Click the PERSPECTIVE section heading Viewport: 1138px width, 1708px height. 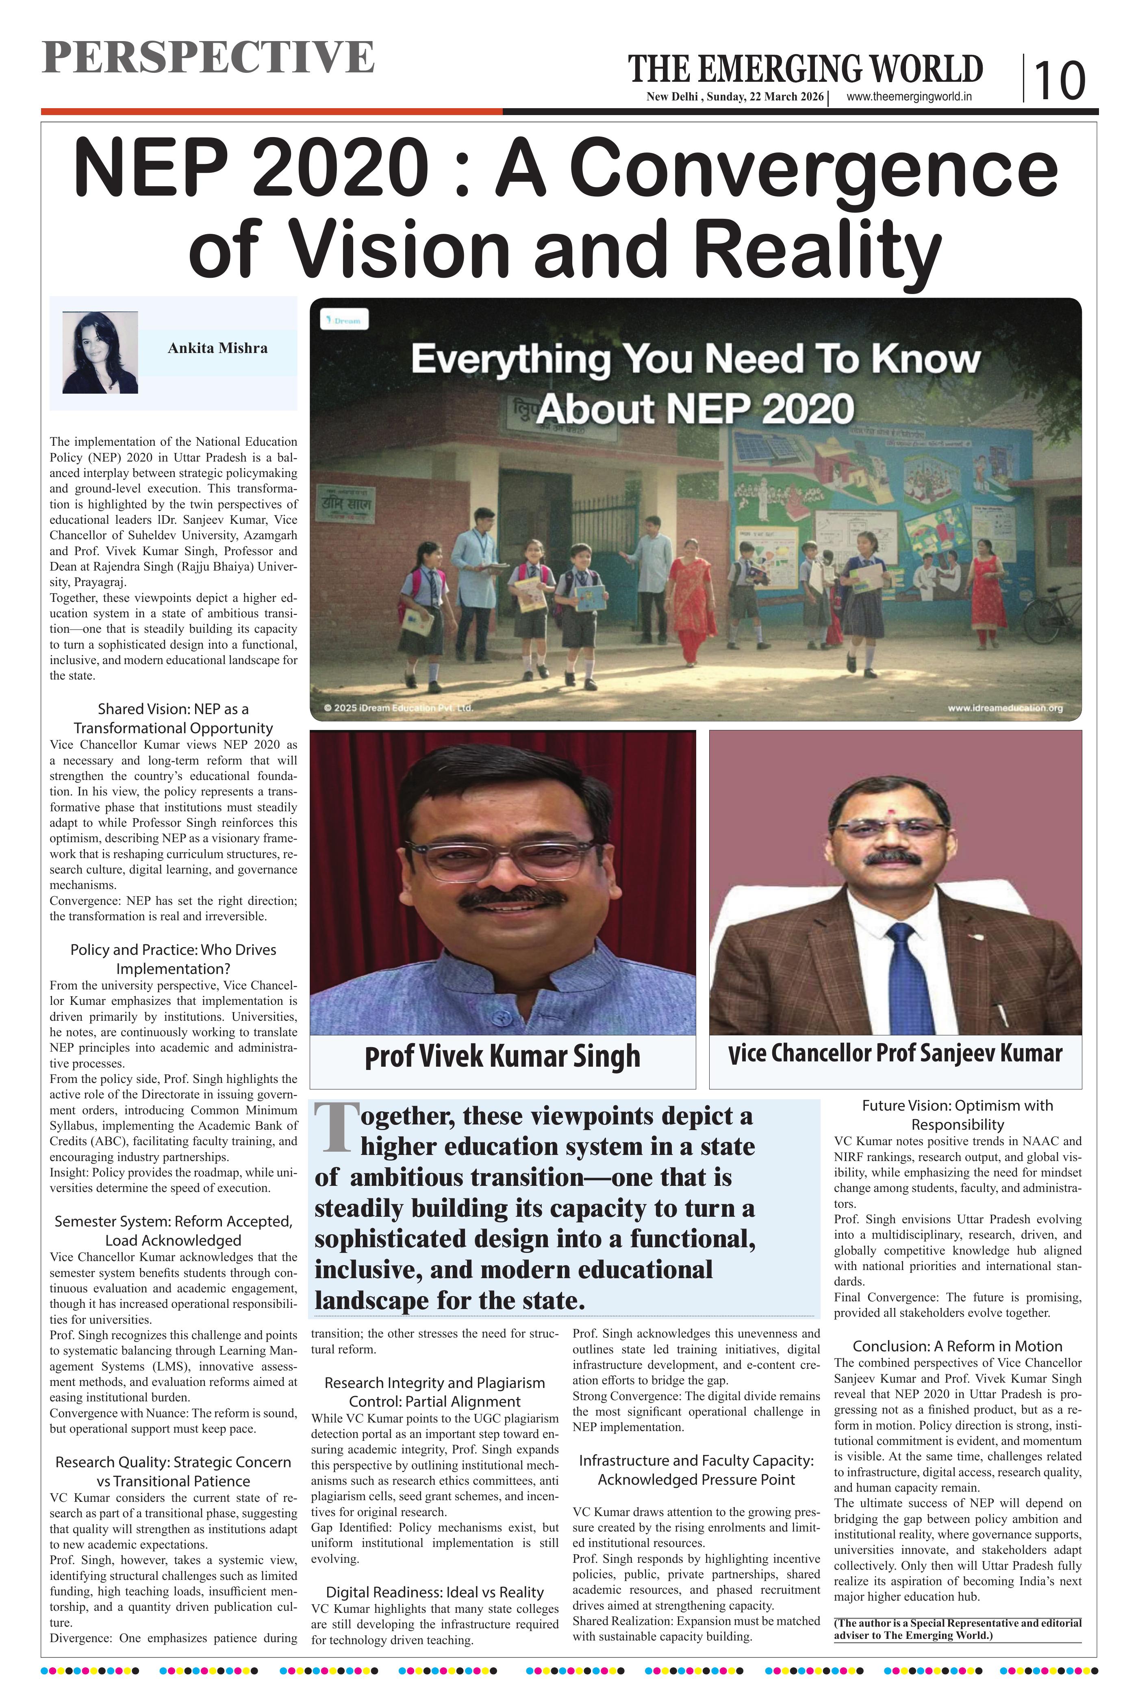tap(208, 58)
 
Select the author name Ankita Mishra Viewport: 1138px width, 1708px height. tap(217, 349)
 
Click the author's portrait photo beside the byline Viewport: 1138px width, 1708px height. tap(100, 353)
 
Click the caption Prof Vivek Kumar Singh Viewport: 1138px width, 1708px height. tap(502, 1057)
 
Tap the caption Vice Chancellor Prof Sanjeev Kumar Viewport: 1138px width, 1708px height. tap(895, 1054)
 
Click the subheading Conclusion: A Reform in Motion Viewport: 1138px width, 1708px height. tap(957, 1346)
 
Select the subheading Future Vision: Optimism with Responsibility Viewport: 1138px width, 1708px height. tap(957, 1115)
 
